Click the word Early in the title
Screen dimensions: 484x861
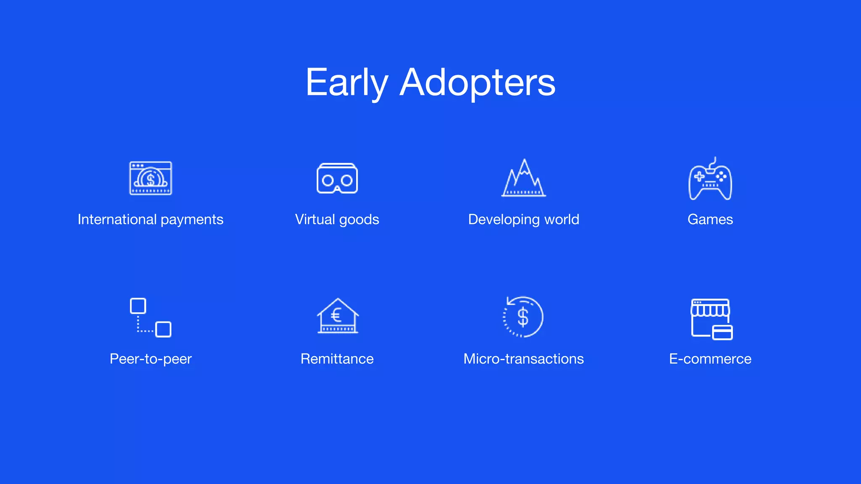click(x=346, y=83)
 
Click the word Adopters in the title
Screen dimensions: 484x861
click(x=477, y=83)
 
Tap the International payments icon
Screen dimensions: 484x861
click(x=151, y=178)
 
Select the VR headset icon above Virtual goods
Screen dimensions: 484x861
click(x=337, y=179)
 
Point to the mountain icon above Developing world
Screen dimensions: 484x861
click(x=523, y=179)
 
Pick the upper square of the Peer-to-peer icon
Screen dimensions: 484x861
click(x=138, y=306)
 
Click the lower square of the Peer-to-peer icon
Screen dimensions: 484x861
click(x=163, y=329)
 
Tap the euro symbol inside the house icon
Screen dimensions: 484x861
click(x=336, y=315)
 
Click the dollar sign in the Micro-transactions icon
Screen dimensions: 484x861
click(x=523, y=317)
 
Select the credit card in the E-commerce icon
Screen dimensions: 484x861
click(x=722, y=332)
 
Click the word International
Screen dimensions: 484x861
click(x=117, y=219)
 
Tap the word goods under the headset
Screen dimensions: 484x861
click(x=359, y=220)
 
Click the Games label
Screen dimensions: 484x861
click(x=710, y=219)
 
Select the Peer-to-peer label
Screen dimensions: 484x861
click(x=151, y=359)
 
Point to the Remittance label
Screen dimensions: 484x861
click(x=337, y=359)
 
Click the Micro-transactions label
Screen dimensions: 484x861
click(x=523, y=359)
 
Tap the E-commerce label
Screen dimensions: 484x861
click(x=710, y=359)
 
